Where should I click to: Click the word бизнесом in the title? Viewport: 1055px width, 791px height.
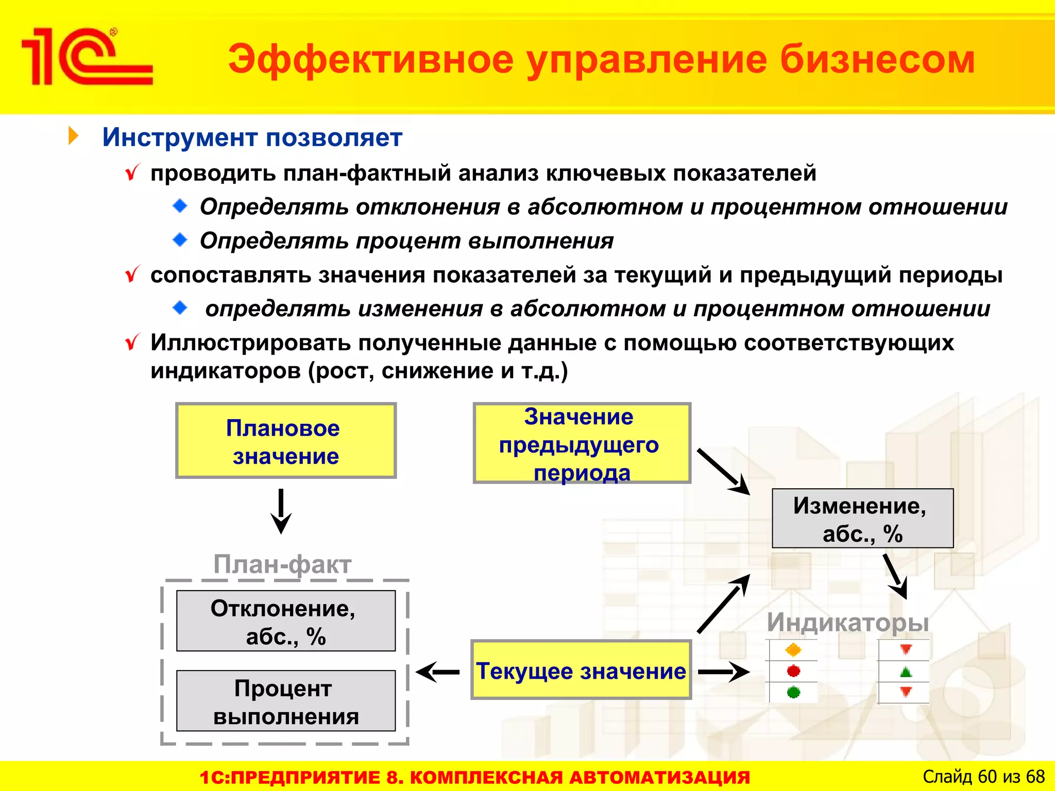click(877, 60)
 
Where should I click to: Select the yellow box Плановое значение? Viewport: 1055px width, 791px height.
click(286, 441)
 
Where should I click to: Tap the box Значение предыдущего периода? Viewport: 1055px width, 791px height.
click(582, 443)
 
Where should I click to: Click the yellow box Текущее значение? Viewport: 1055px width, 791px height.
click(581, 670)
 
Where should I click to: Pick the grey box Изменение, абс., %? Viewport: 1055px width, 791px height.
click(862, 519)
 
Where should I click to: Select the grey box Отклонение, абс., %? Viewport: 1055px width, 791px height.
click(286, 621)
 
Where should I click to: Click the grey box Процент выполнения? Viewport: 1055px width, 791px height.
click(286, 701)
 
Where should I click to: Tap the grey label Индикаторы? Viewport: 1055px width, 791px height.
click(847, 622)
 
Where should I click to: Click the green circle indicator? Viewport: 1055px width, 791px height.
click(793, 693)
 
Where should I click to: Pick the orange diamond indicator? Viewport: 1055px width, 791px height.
click(793, 650)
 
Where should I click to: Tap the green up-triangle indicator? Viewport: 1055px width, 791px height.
click(906, 672)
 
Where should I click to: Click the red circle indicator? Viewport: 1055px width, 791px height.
click(793, 671)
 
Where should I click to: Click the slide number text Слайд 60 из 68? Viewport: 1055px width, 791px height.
click(983, 777)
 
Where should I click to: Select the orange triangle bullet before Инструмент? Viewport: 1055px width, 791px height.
click(74, 136)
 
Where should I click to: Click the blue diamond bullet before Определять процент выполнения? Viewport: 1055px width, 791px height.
click(180, 240)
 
